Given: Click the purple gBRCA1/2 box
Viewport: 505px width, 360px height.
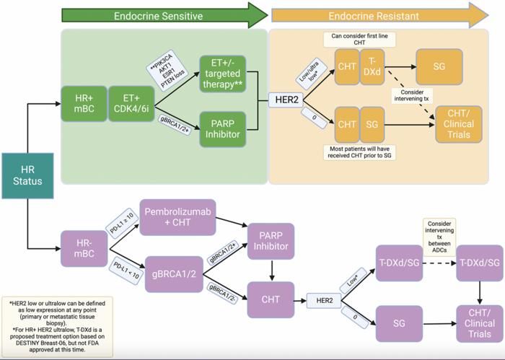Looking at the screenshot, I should click(x=174, y=273).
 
